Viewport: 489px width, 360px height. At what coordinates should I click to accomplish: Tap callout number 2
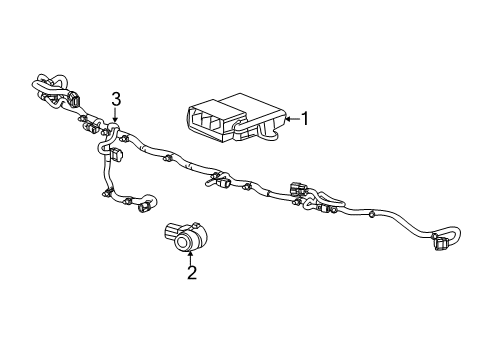(191, 273)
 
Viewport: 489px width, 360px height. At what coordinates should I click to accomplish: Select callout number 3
(116, 99)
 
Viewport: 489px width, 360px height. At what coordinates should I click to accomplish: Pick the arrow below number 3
(116, 118)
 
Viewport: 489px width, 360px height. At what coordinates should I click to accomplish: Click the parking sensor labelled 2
(185, 236)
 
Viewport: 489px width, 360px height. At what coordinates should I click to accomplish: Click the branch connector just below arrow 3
(116, 157)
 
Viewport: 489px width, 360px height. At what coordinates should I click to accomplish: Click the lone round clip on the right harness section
(372, 214)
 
